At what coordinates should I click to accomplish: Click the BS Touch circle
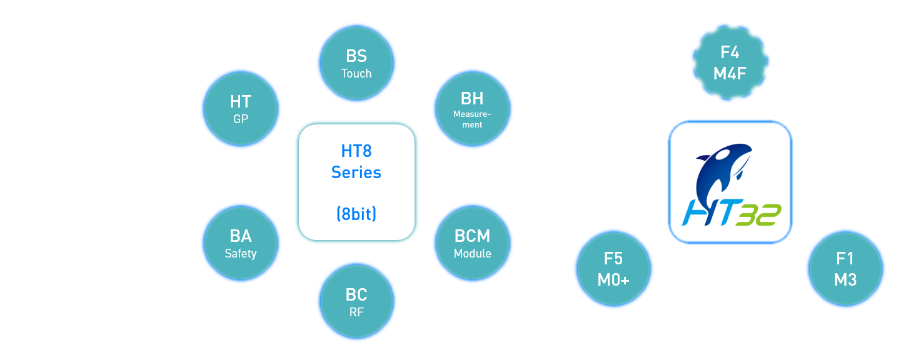[x=357, y=63]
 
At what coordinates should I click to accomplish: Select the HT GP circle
[x=241, y=109]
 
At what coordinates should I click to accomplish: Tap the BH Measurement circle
[x=473, y=109]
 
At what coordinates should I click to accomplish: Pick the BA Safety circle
[x=241, y=243]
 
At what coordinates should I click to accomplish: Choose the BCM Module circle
[x=473, y=243]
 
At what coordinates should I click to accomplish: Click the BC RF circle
[x=357, y=301]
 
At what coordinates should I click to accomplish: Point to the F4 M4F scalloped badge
[x=730, y=62]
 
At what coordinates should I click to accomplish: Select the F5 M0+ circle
[x=613, y=268]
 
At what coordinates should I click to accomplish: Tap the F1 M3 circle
[x=845, y=268]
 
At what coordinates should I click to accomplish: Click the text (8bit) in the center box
[x=356, y=214]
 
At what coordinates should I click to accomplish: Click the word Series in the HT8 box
[x=356, y=172]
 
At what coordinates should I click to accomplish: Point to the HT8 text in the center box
[x=356, y=151]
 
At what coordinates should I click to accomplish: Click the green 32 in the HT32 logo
[x=758, y=215]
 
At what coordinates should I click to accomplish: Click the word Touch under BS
[x=356, y=74]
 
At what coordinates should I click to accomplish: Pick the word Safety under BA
[x=241, y=254]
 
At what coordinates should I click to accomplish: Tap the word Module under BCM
[x=473, y=253]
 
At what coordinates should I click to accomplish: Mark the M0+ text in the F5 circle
[x=613, y=279]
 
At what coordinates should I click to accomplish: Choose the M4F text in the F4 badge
[x=730, y=74]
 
